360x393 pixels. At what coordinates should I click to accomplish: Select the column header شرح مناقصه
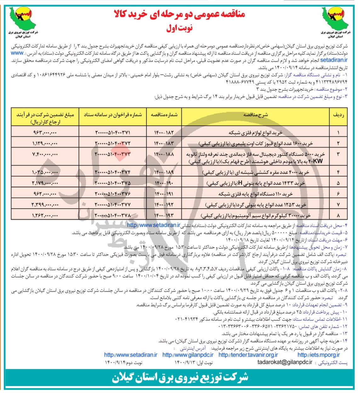pos(255,115)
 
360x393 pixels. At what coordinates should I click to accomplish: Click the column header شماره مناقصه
pos(164,115)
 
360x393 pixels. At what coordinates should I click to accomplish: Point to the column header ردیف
pos(338,115)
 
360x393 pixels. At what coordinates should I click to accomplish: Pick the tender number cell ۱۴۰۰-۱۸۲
pos(164,133)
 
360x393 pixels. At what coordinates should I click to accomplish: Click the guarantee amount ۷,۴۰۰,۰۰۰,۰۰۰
pos(45,154)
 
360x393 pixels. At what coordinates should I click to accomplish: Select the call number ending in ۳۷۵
pos(112,183)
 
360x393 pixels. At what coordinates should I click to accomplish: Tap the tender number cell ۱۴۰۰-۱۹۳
pos(164,216)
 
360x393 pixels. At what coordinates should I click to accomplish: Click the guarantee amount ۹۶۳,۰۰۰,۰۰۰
pos(45,133)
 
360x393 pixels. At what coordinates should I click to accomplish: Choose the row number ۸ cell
pos(338,216)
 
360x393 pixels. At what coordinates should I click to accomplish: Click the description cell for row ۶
pos(255,194)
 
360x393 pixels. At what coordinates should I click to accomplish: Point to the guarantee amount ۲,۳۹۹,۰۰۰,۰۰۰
pos(45,205)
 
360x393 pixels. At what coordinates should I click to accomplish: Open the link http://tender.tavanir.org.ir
pos(248,355)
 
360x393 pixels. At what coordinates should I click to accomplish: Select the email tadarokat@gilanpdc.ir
pos(285,362)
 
